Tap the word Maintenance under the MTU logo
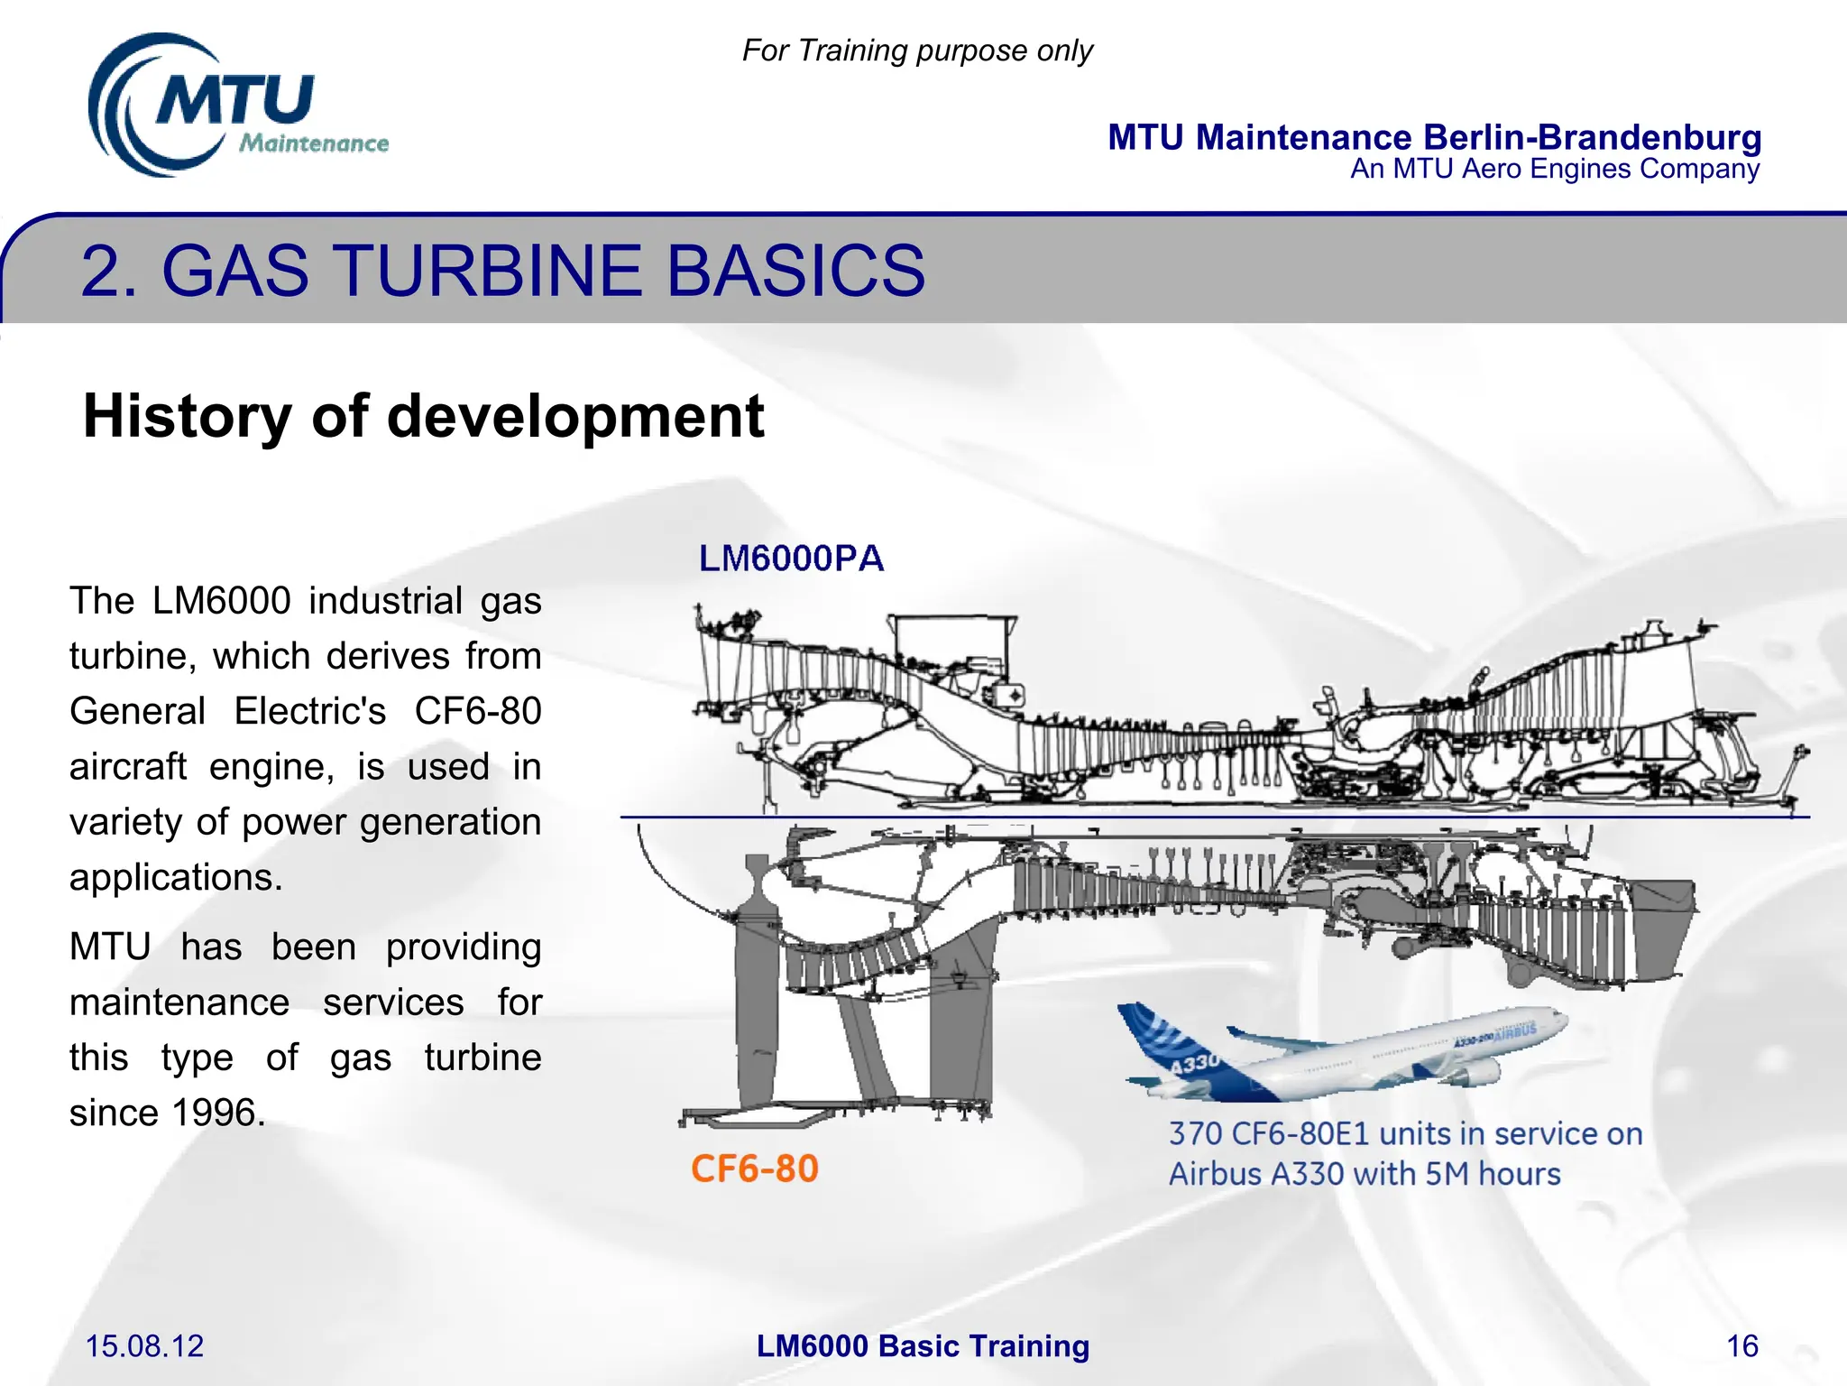(x=314, y=143)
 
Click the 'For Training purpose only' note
(x=917, y=51)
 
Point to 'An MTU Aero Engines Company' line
(x=1554, y=170)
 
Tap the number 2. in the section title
(x=109, y=270)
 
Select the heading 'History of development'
(x=423, y=416)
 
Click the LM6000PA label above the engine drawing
(x=791, y=559)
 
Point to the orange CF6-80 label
(x=755, y=1169)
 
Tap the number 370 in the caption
(x=1195, y=1134)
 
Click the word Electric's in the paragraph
(x=310, y=711)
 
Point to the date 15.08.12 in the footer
(x=144, y=1346)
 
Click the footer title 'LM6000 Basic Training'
(x=923, y=1346)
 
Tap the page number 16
(x=1741, y=1346)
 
